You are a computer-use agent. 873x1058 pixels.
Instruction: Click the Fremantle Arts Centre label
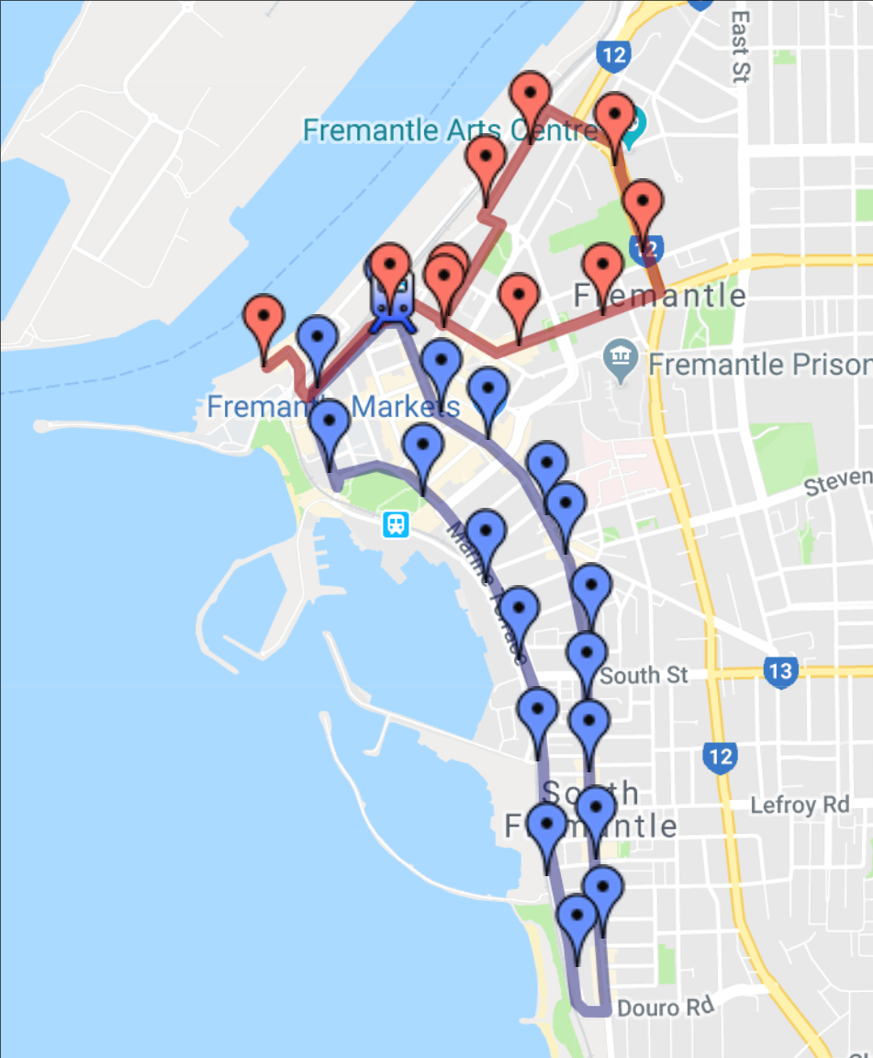click(450, 130)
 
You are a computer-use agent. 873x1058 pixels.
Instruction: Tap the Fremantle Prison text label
click(758, 365)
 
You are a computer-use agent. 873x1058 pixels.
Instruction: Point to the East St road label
click(741, 46)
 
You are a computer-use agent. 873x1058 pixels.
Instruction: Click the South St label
click(644, 675)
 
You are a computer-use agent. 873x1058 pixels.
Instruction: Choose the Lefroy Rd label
click(800, 805)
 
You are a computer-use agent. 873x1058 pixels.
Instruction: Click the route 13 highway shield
click(779, 671)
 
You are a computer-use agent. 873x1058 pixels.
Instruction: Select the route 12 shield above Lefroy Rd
click(720, 758)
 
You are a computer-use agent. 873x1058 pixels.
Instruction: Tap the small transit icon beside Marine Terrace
click(396, 524)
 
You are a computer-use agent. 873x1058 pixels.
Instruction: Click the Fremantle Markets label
click(332, 407)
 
